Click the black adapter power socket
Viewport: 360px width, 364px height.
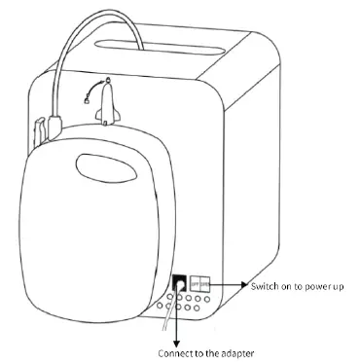(180, 283)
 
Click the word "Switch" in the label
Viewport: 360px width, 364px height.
(264, 286)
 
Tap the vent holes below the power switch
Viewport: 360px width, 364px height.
(190, 305)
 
